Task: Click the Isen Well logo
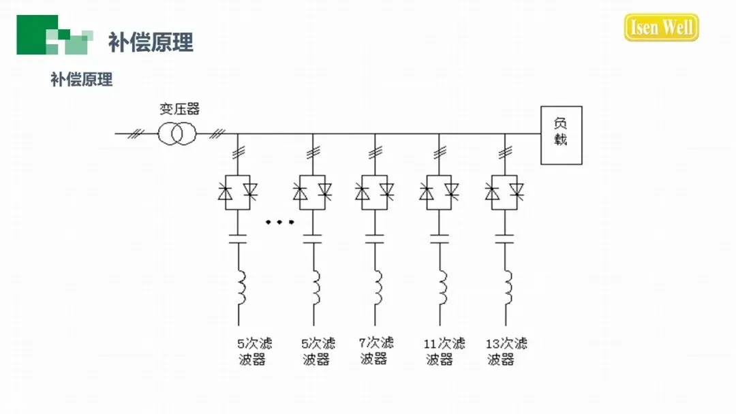point(661,28)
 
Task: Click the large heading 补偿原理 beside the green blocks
point(151,42)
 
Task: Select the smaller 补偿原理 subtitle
point(81,79)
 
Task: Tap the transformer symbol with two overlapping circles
point(177,133)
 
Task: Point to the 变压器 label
point(179,109)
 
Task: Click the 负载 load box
point(562,135)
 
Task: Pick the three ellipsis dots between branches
point(279,222)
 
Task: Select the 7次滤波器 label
point(375,350)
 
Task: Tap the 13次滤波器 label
point(506,351)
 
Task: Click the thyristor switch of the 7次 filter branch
point(374,193)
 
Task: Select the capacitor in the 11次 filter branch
point(440,239)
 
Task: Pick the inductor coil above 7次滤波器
point(377,288)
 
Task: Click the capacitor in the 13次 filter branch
point(505,239)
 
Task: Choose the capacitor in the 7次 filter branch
point(374,239)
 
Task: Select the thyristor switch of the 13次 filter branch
point(505,193)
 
